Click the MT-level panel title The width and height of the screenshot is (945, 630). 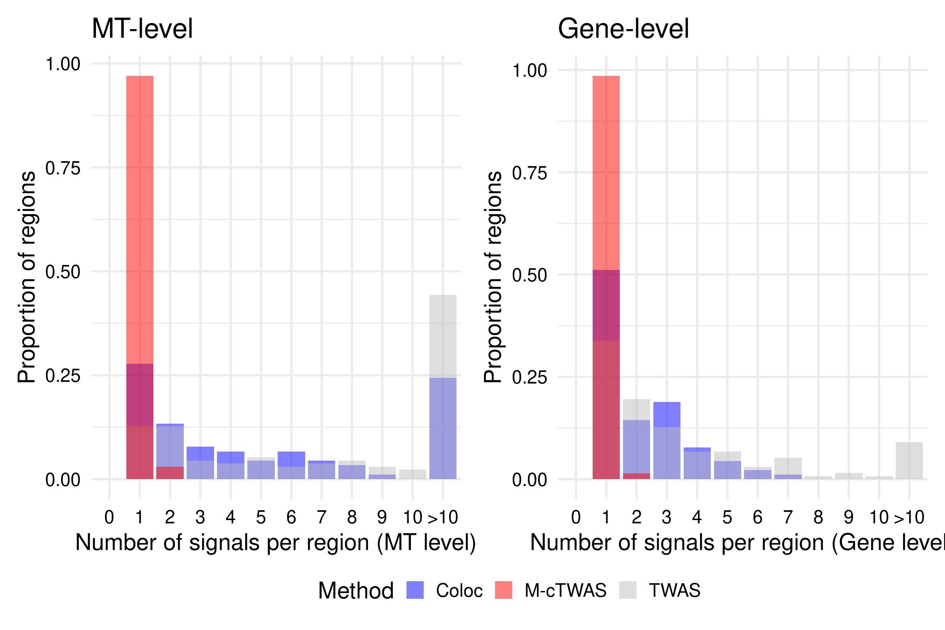[x=142, y=29]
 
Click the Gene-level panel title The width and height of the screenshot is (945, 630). [x=623, y=29]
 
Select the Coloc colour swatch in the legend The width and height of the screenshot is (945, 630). [x=415, y=590]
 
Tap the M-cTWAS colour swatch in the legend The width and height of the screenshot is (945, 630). [x=503, y=590]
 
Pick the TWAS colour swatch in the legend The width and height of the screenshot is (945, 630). [x=628, y=590]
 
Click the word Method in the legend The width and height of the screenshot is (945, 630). [x=356, y=591]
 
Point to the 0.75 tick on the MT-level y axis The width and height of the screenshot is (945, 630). [x=63, y=168]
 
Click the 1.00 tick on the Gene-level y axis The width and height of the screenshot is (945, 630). [x=530, y=71]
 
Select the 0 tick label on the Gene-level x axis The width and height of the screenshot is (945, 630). [x=576, y=518]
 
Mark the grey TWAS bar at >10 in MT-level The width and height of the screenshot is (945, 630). [x=443, y=336]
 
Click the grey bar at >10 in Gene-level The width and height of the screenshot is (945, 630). [x=909, y=460]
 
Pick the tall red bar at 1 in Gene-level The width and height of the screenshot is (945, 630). [x=606, y=172]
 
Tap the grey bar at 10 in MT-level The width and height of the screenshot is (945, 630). [x=413, y=475]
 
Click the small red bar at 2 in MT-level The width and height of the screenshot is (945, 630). [x=170, y=473]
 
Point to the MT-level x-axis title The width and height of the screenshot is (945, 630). [x=276, y=542]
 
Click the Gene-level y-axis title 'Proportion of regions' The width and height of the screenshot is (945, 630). [x=493, y=277]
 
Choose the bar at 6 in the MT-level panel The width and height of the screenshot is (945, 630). [x=291, y=465]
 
